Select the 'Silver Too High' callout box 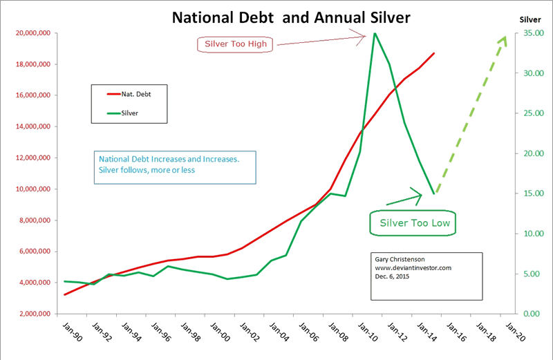pos(236,45)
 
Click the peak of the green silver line pos(375,33)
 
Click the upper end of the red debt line pos(434,53)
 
